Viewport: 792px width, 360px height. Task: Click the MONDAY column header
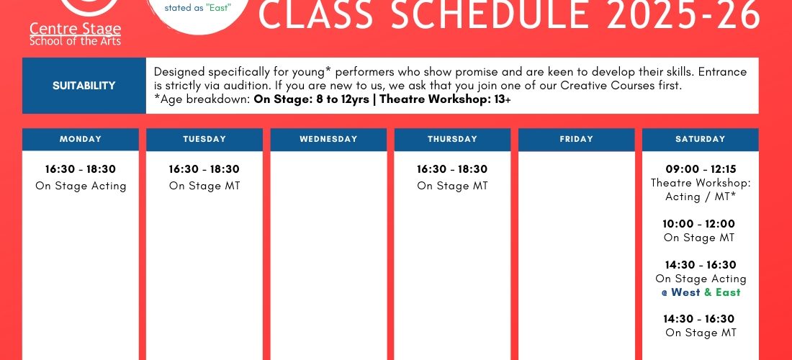(x=81, y=140)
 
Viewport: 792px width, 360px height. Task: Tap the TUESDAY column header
(x=204, y=140)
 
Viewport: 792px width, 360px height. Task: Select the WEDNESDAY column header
(x=328, y=140)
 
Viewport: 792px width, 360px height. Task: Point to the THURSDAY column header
(x=453, y=140)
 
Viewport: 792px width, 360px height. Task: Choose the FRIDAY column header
(x=576, y=140)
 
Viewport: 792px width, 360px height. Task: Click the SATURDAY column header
(x=701, y=140)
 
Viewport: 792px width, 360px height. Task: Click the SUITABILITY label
(x=84, y=86)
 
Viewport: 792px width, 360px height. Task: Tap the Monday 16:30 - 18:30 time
(x=81, y=169)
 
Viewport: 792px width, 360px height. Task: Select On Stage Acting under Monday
(x=81, y=186)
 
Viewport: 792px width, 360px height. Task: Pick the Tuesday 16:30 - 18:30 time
(x=204, y=169)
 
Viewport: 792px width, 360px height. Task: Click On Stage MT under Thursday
(x=453, y=186)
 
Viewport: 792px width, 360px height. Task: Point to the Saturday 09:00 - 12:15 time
(x=701, y=169)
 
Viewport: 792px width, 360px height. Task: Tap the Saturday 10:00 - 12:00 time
(x=699, y=224)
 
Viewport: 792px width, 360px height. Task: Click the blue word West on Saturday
(x=685, y=292)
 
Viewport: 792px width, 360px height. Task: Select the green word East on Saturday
(x=728, y=292)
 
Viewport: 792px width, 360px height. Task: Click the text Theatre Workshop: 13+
(x=445, y=99)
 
